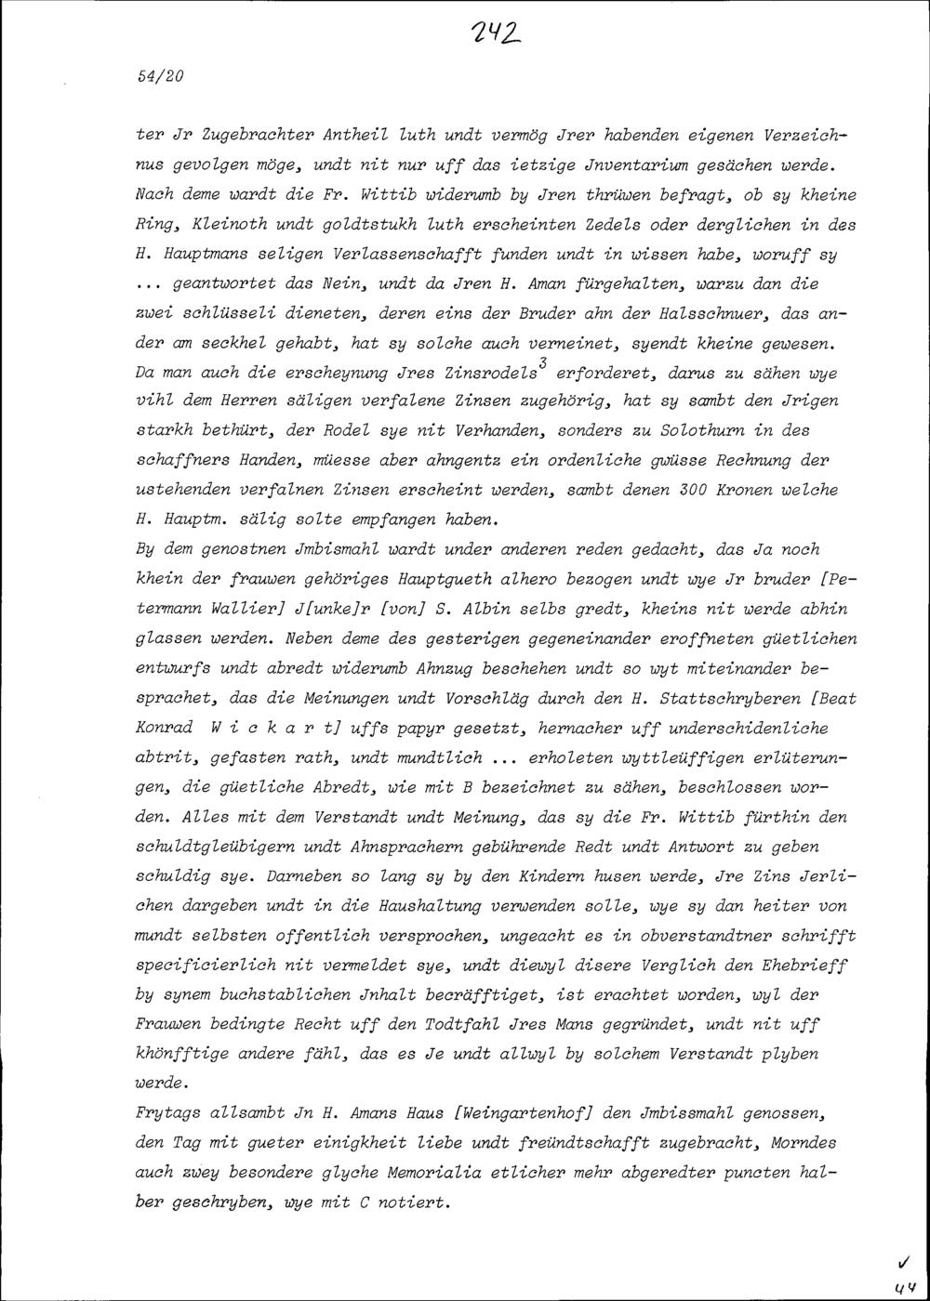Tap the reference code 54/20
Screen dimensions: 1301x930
point(159,77)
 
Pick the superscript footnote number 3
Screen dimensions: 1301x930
point(541,366)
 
